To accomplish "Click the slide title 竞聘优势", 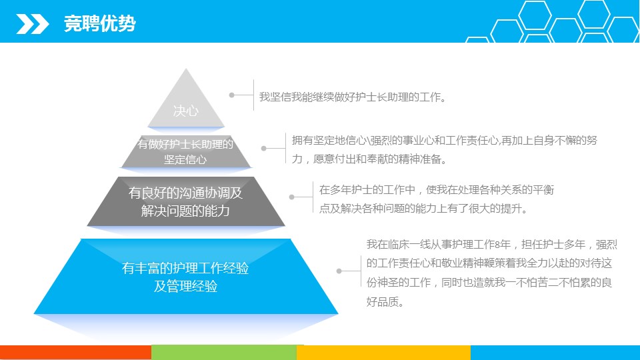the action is tap(99, 23).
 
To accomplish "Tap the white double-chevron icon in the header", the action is tap(33, 24).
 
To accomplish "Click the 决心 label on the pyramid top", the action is tap(186, 111).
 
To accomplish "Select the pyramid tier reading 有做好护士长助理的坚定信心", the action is tap(186, 151).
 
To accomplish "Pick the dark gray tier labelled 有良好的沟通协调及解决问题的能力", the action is tap(186, 201).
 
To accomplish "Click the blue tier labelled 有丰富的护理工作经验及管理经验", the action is tap(186, 276).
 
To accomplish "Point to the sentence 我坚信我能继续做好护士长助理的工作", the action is tap(353, 97).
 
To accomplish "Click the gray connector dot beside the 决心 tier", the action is tap(232, 95).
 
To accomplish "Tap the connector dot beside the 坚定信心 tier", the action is tap(264, 148).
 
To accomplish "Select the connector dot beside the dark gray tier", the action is tap(292, 197).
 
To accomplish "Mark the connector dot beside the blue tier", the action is tap(339, 271).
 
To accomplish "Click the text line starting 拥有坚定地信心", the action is tap(445, 141).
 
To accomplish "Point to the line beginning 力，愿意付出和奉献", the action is tap(369, 159).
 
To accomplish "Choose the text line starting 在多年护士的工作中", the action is tap(437, 190).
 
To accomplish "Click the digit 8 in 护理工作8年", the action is tap(497, 245).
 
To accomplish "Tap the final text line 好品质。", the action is tap(385, 302).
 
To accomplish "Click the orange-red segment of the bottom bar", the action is tap(75, 353).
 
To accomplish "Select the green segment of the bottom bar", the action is tap(224, 353).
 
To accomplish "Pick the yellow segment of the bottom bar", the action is tap(384, 353).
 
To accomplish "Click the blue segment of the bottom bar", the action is tap(555, 353).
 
